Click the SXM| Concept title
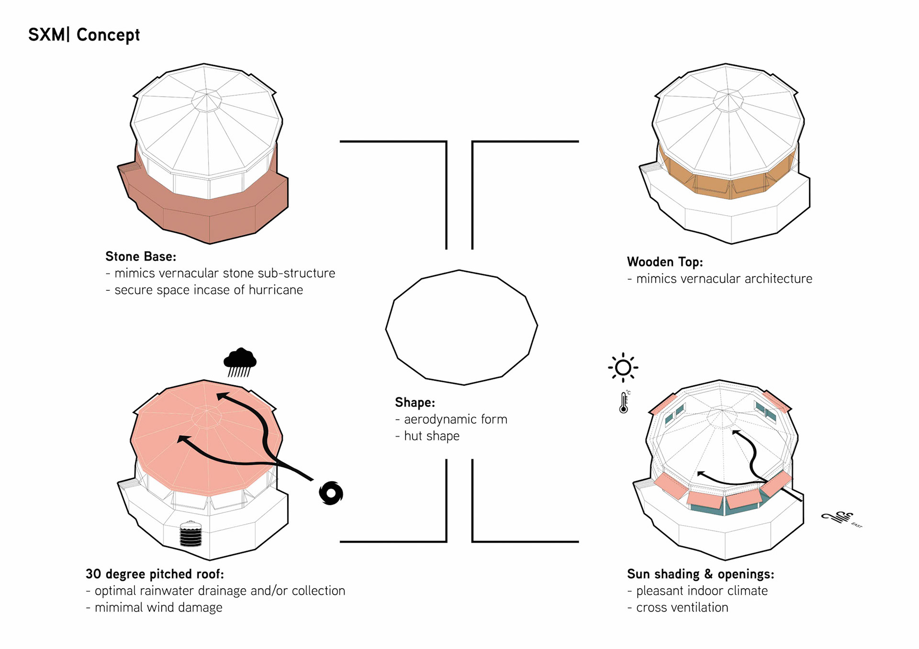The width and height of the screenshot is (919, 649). (x=84, y=35)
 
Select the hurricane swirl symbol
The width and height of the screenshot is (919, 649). (x=331, y=493)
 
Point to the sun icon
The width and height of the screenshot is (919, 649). (x=623, y=367)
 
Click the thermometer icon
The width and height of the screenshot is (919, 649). (x=624, y=402)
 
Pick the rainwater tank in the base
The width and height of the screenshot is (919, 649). (x=191, y=534)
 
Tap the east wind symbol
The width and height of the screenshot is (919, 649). (x=838, y=517)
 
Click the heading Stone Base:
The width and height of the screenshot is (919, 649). (x=141, y=257)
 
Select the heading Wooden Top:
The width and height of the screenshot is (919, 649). (x=665, y=262)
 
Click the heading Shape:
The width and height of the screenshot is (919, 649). (x=415, y=403)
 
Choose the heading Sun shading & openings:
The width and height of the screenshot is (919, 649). (x=700, y=574)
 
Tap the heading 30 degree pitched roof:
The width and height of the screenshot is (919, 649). (x=155, y=574)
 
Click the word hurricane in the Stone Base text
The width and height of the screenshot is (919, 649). (x=276, y=290)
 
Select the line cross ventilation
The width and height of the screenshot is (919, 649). (x=682, y=607)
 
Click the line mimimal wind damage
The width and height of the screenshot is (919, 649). (x=158, y=607)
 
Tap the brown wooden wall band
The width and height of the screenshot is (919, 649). (x=728, y=184)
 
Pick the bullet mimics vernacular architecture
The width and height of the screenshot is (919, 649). (x=723, y=279)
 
